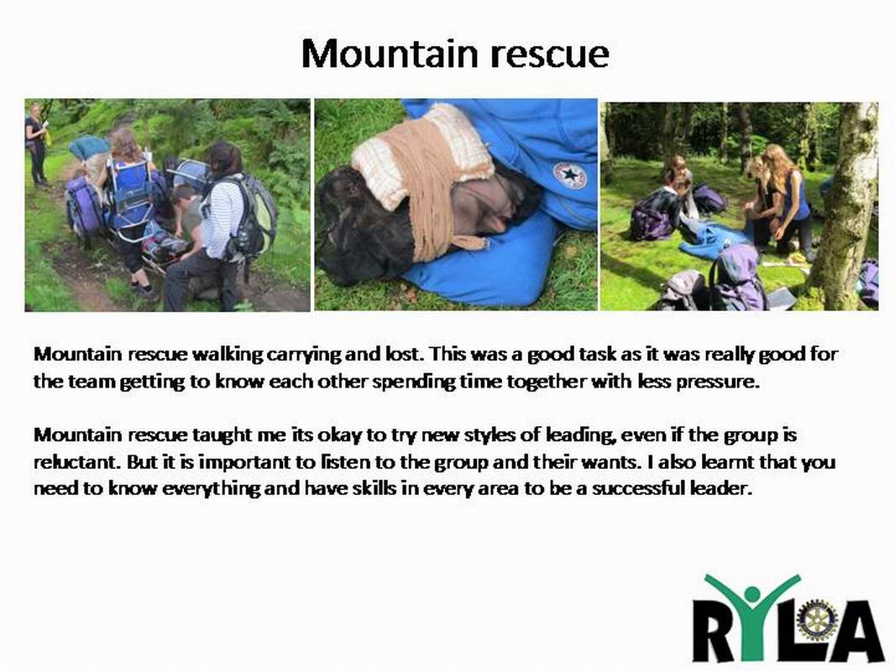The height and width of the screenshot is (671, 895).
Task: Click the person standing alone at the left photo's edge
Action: pyautogui.click(x=36, y=145)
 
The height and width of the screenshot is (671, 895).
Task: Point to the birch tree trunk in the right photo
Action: pyautogui.click(x=844, y=205)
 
